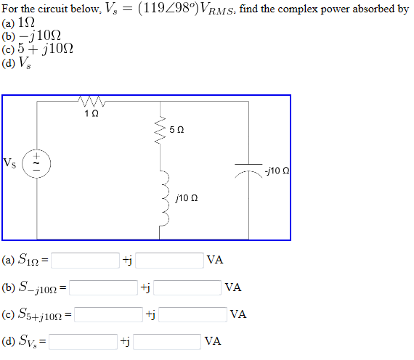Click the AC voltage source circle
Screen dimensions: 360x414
[36, 163]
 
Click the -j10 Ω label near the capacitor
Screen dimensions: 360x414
[277, 171]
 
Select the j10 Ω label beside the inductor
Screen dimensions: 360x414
[187, 197]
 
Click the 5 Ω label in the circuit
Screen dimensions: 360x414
[177, 129]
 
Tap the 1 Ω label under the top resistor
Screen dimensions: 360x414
[91, 114]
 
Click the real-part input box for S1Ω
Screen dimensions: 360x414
[85, 260]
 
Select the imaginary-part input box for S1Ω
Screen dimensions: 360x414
[169, 260]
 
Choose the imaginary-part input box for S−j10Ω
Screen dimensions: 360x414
[187, 287]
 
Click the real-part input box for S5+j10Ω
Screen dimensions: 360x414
[108, 314]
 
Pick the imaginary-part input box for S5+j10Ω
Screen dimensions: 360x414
[192, 314]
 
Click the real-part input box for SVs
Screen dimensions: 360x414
[84, 341]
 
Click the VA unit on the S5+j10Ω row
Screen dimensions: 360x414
[238, 314]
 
